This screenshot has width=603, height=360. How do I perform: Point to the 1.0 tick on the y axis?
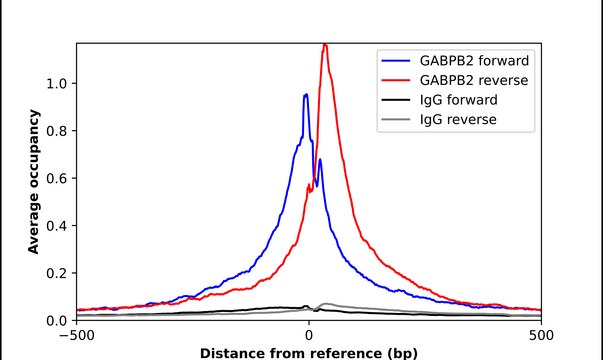coord(57,83)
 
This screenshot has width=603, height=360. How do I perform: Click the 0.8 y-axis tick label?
coord(57,131)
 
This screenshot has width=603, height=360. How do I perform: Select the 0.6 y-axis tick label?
coord(57,178)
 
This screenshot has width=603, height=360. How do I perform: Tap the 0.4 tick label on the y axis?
coord(57,226)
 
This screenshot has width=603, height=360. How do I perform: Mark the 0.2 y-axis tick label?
coord(57,273)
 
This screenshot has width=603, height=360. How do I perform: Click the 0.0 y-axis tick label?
coord(57,321)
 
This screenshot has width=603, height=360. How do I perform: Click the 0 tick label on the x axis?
coord(309,336)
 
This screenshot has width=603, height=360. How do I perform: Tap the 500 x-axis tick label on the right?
coord(541,336)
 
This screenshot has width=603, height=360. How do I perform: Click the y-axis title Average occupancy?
coord(33,182)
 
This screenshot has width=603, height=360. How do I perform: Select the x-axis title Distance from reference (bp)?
coord(309,353)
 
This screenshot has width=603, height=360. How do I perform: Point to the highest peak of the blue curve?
coord(306,94)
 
